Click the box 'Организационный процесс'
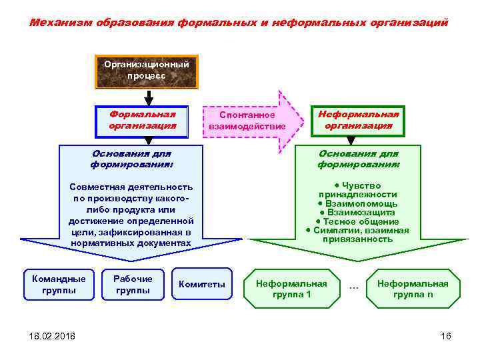pyautogui.click(x=147, y=71)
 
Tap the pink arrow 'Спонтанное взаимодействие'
pyautogui.click(x=247, y=121)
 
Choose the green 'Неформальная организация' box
pyautogui.click(x=358, y=120)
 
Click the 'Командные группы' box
pyautogui.click(x=59, y=285)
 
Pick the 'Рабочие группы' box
pyautogui.click(x=133, y=285)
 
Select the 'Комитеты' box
pyautogui.click(x=202, y=285)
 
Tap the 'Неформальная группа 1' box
pyautogui.click(x=292, y=289)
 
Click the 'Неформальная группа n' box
pyautogui.click(x=413, y=289)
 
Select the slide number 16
pyautogui.click(x=446, y=336)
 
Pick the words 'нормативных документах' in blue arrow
pyautogui.click(x=131, y=243)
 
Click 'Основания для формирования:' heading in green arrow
pyautogui.click(x=359, y=159)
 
